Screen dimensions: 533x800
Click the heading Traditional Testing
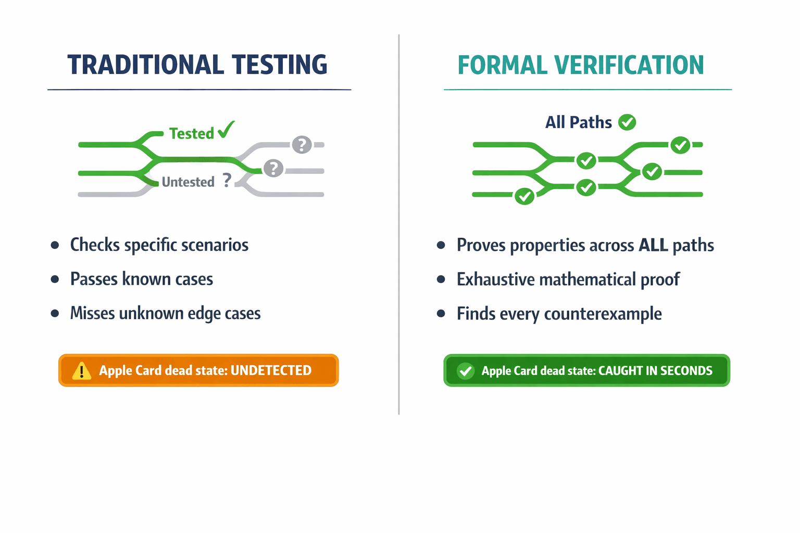pos(197,65)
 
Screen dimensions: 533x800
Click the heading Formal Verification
pos(580,66)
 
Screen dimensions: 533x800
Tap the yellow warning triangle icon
pos(81,371)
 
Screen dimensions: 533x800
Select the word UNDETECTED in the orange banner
pos(271,371)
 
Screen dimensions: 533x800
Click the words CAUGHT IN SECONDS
pos(655,371)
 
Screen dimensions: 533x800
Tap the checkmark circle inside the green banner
pos(465,371)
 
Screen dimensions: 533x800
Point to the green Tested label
pos(191,134)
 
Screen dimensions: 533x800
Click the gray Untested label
pos(188,182)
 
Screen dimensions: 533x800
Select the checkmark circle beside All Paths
pos(627,122)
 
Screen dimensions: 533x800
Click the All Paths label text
pos(578,122)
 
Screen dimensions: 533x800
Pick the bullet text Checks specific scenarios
pos(159,245)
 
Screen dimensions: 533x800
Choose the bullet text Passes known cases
pos(142,280)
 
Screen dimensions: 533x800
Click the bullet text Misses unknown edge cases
pos(165,313)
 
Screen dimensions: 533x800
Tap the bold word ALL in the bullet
pos(653,245)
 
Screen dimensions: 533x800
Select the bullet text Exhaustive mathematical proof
pos(568,280)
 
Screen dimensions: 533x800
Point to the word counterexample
pos(603,314)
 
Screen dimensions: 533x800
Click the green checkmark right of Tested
pos(226,130)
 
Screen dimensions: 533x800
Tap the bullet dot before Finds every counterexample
pos(441,313)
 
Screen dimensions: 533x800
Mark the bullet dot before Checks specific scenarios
pos(55,245)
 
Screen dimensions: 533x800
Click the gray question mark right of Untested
pos(227,181)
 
